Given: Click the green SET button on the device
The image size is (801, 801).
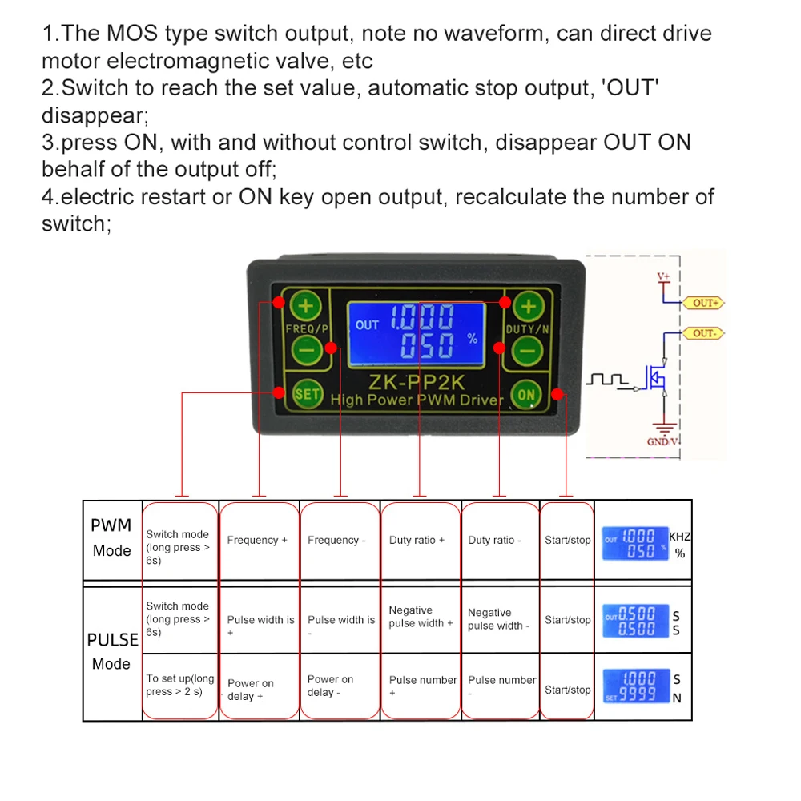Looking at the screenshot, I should (x=307, y=394).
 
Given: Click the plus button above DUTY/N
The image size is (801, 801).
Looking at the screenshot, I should (x=528, y=305).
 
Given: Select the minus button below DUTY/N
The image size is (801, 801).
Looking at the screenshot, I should (x=528, y=349).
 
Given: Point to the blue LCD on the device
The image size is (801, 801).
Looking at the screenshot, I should (x=417, y=333).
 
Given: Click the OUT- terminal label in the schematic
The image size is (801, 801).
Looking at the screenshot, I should (x=703, y=332).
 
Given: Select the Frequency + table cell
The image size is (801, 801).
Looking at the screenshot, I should (x=257, y=541).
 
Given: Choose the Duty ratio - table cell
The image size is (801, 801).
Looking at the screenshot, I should (x=494, y=541).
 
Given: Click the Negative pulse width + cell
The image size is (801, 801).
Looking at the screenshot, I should (x=421, y=617).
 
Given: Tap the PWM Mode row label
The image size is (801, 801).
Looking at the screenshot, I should (x=111, y=538).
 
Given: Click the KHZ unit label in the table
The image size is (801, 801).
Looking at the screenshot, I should (x=679, y=537).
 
